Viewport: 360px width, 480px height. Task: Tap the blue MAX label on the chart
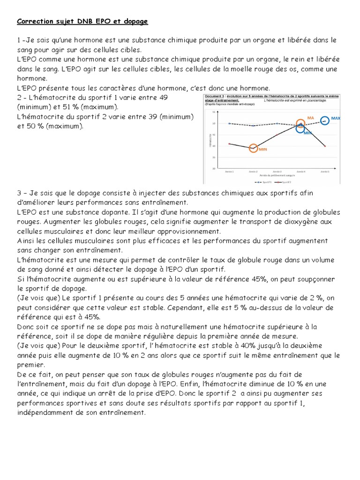coord(336,118)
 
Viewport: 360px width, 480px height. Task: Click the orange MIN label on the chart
coord(262,149)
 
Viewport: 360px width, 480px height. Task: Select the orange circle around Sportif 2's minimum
coord(253,148)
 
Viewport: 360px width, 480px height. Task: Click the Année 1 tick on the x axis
coord(229,172)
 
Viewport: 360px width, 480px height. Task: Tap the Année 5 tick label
coord(325,172)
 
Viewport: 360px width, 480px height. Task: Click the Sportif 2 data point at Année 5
coord(325,146)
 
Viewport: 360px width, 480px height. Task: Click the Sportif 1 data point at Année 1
coord(229,123)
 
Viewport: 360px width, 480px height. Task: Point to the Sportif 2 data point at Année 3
coord(277,135)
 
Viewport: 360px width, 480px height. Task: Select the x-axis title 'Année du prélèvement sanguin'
coord(277,175)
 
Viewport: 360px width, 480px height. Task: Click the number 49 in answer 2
coord(164,97)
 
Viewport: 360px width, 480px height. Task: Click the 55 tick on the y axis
coord(213,112)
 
